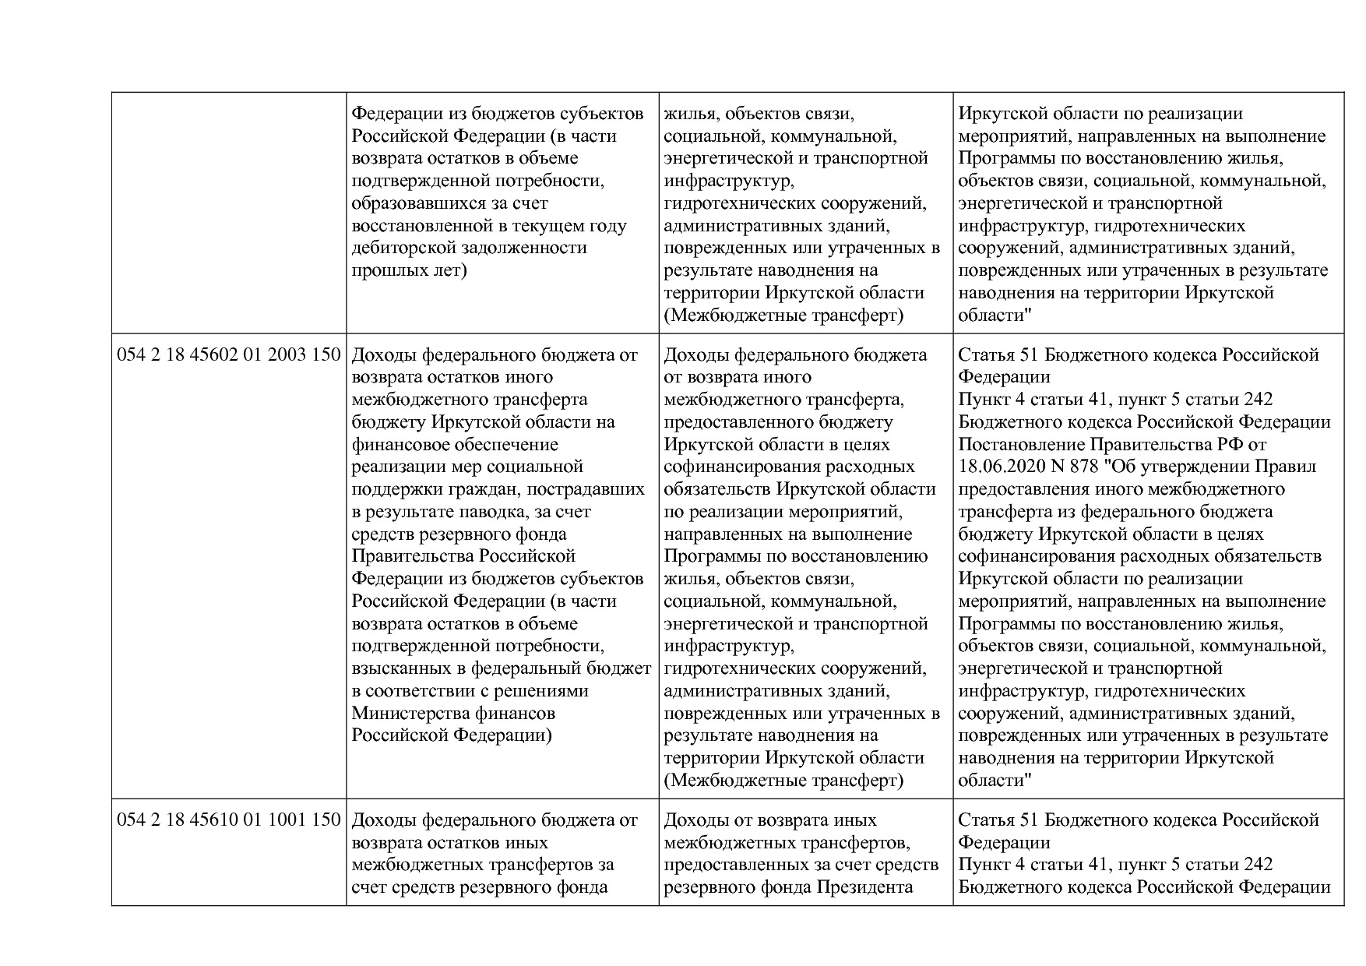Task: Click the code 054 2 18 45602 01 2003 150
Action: click(x=229, y=355)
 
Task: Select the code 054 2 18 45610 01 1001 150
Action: click(x=229, y=820)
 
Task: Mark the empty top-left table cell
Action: click(x=229, y=213)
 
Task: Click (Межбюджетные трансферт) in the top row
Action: click(x=783, y=316)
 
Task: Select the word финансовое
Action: click(x=401, y=445)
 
